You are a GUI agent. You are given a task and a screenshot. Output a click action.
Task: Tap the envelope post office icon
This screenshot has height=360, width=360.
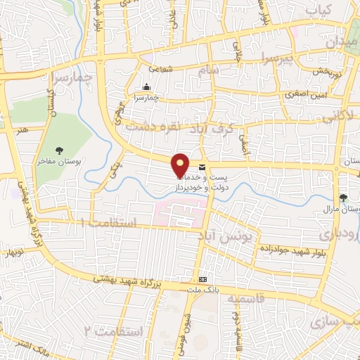click(202, 167)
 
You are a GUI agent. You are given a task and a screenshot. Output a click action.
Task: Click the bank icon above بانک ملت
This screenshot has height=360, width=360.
click(203, 279)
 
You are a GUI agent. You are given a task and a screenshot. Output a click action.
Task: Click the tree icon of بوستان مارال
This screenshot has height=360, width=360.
click(343, 198)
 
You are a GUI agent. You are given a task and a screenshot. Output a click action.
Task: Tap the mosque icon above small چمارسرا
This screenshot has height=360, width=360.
click(146, 87)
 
